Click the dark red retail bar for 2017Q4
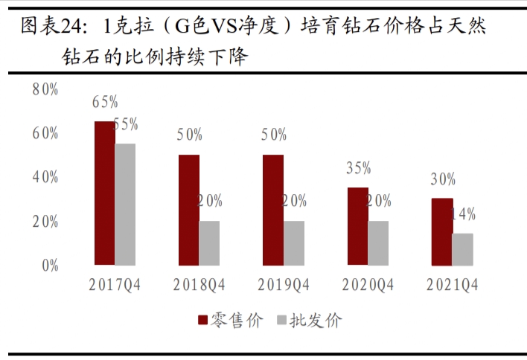[104, 193]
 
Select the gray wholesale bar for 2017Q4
[125, 204]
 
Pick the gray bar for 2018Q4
[209, 242]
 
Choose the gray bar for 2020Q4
[378, 242]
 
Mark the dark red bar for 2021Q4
[441, 231]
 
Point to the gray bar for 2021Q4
[462, 249]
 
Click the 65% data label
[105, 102]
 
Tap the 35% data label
[358, 168]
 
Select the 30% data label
[443, 179]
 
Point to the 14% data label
[463, 215]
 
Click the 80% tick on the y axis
[45, 89]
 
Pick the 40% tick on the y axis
[45, 177]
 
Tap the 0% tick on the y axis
[49, 265]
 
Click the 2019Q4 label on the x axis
[284, 284]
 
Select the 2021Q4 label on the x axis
[452, 284]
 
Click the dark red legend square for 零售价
[202, 321]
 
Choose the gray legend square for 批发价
[281, 321]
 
